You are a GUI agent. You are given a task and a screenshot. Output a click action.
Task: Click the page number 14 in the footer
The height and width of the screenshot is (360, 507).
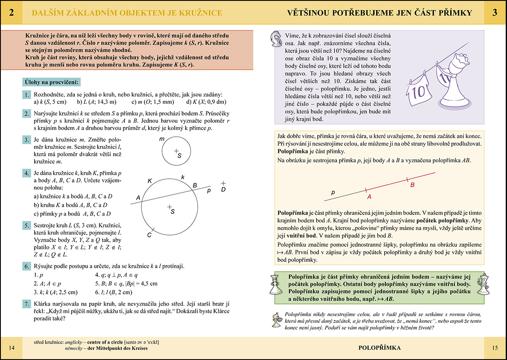pos(12,347)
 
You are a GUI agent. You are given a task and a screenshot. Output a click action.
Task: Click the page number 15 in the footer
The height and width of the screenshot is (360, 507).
pos(495,347)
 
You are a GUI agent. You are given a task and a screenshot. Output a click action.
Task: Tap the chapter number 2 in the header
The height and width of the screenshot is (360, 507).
pos(11,13)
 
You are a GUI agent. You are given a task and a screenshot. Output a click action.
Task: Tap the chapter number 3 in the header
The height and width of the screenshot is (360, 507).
pos(495,13)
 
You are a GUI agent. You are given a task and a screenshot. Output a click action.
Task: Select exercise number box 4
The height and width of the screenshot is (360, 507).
pos(26,173)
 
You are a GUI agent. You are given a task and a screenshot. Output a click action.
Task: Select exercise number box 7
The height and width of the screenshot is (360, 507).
pos(26,304)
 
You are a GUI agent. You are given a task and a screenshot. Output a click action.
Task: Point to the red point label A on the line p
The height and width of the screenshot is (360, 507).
pos(369,196)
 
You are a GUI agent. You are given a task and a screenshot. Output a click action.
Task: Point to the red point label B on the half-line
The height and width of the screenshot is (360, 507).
pos(412,185)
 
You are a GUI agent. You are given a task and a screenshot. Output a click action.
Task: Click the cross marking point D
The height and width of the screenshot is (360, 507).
pos(223,183)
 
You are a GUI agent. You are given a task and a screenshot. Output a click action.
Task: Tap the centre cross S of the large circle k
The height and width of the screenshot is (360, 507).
pos(169,206)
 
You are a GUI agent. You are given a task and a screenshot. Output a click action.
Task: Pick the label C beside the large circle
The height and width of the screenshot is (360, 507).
pos(149,235)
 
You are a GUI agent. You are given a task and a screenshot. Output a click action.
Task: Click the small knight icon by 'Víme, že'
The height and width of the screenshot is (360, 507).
pos(276,36)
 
